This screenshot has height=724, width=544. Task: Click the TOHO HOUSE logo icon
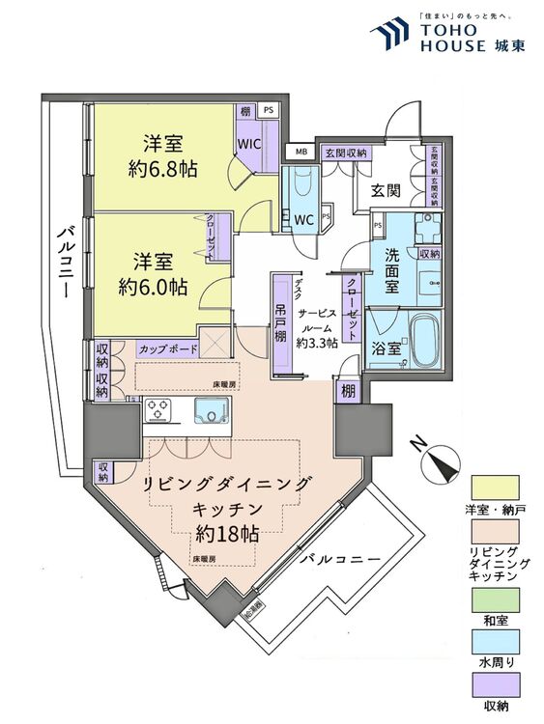pyautogui.click(x=388, y=35)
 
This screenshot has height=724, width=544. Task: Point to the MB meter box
pyautogui.click(x=301, y=153)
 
